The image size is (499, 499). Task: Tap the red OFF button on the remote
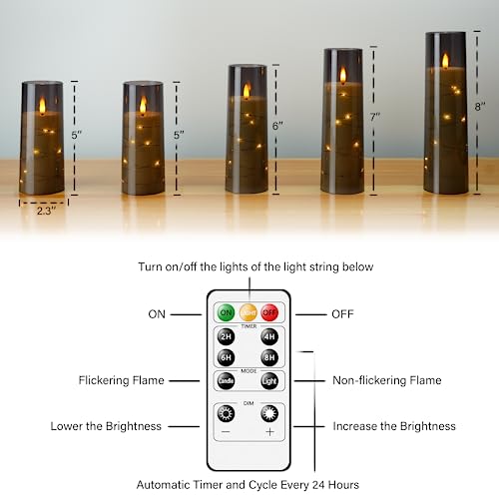pos(268,313)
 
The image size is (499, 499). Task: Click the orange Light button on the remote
pos(248,313)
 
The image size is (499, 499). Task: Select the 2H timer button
pos(227,336)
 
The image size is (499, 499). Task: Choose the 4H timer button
pos(268,336)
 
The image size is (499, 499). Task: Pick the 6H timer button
pos(227,357)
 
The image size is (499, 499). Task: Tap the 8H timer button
pos(268,357)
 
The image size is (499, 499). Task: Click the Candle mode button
pos(227,381)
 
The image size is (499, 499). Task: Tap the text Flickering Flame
pos(122,380)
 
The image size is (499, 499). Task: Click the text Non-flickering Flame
pos(385,380)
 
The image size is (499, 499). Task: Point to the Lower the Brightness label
pos(106,426)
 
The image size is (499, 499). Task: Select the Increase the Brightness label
pos(394,426)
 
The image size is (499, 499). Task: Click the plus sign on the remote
pos(268,433)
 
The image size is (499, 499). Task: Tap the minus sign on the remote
pos(227,433)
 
